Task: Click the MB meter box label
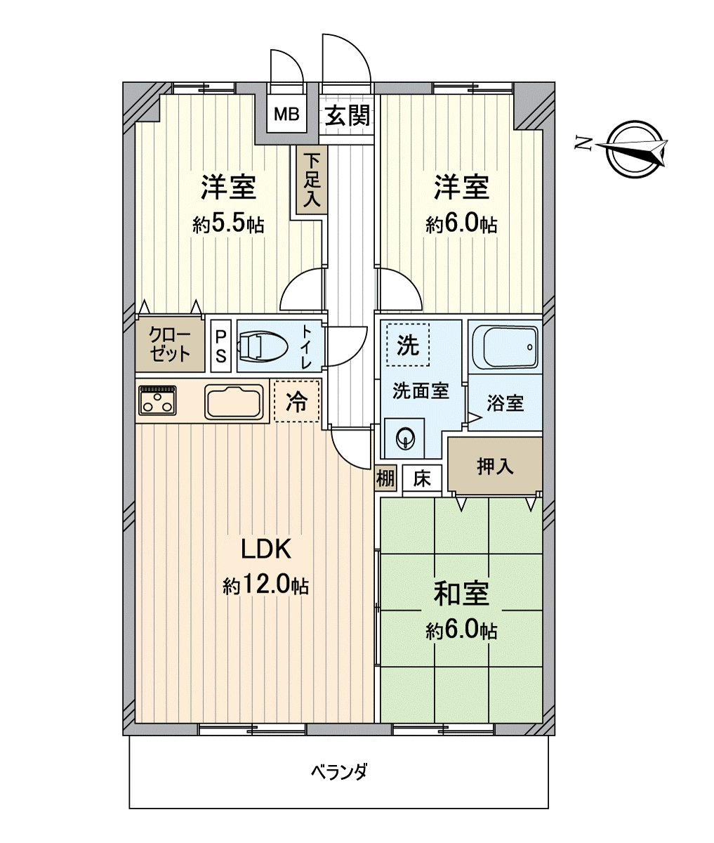(x=286, y=114)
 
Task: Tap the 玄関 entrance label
(x=347, y=115)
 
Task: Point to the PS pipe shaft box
(x=220, y=346)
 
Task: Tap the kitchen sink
(x=234, y=402)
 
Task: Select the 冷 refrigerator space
(x=296, y=401)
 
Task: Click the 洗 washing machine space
(x=408, y=344)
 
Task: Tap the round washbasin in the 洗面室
(x=406, y=439)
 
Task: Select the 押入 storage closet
(x=495, y=466)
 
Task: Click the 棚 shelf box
(x=385, y=479)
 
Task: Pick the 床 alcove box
(x=421, y=479)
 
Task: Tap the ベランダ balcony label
(x=339, y=772)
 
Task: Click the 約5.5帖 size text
(x=228, y=225)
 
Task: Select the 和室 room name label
(x=461, y=594)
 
